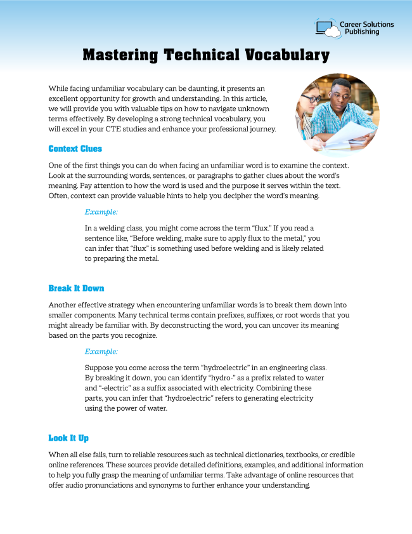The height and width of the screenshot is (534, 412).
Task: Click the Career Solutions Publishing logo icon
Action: pyautogui.click(x=326, y=28)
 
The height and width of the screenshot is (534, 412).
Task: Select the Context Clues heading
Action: pyautogui.click(x=75, y=149)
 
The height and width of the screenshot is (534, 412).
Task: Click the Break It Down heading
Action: pyautogui.click(x=76, y=288)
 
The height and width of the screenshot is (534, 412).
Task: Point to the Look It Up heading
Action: pyautogui.click(x=72, y=438)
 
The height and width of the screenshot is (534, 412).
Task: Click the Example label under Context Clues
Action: pyautogui.click(x=101, y=212)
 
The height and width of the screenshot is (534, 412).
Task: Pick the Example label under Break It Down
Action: pyautogui.click(x=101, y=351)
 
